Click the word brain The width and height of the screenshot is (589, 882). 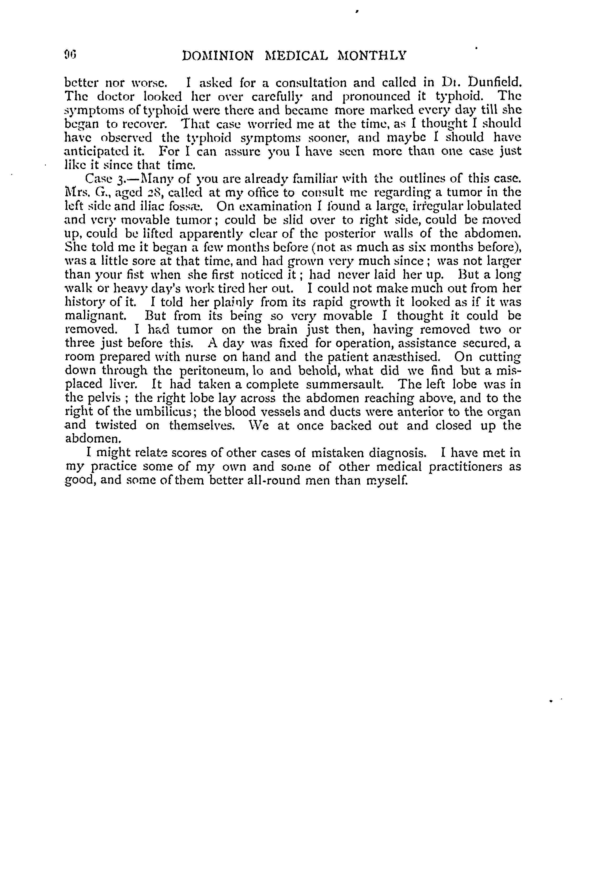282,330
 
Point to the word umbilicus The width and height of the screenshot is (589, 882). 164,412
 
